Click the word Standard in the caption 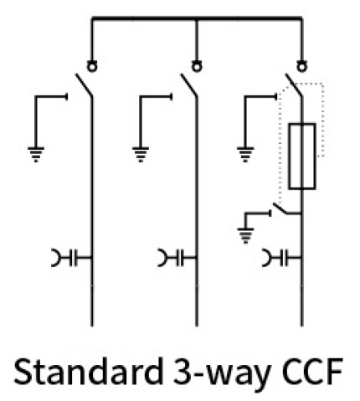88,372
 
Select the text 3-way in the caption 222,375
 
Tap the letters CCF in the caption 312,372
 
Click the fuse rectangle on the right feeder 289,157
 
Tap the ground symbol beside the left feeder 36,154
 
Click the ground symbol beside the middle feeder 141,154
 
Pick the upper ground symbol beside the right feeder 245,154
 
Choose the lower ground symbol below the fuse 245,235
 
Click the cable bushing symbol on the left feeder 72,257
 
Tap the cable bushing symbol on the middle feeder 177,257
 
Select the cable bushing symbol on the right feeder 282,257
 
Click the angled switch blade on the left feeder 84,85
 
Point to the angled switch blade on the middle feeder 188,85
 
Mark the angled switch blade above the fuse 294,85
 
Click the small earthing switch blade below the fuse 280,208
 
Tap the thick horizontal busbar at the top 197,18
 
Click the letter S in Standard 23,372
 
